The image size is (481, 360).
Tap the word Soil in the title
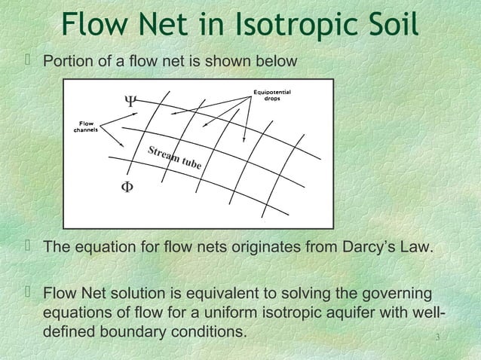pyautogui.click(x=390, y=26)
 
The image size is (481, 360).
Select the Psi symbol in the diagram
pyautogui.click(x=130, y=100)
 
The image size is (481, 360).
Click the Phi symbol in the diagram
pyautogui.click(x=128, y=187)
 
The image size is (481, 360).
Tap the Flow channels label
pyautogui.click(x=84, y=126)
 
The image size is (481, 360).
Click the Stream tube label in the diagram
pyautogui.click(x=174, y=158)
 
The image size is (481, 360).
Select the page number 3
pyautogui.click(x=438, y=346)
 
